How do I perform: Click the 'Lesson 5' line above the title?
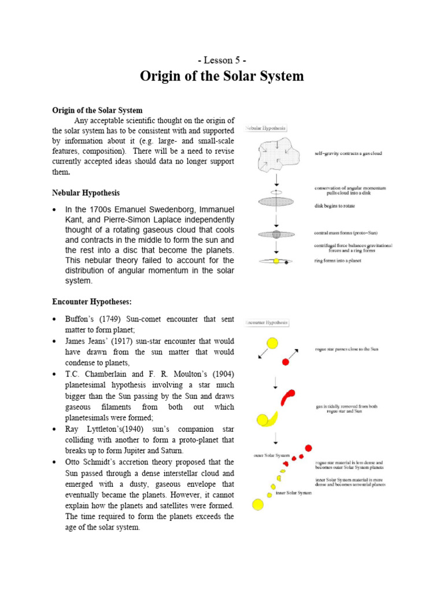point(222,61)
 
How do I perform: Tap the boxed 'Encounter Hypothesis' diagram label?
point(267,323)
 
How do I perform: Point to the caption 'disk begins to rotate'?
point(335,206)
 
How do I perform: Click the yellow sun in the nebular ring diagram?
point(276,261)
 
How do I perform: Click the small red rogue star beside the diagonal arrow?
point(285,362)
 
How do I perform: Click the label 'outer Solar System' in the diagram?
point(267,455)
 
